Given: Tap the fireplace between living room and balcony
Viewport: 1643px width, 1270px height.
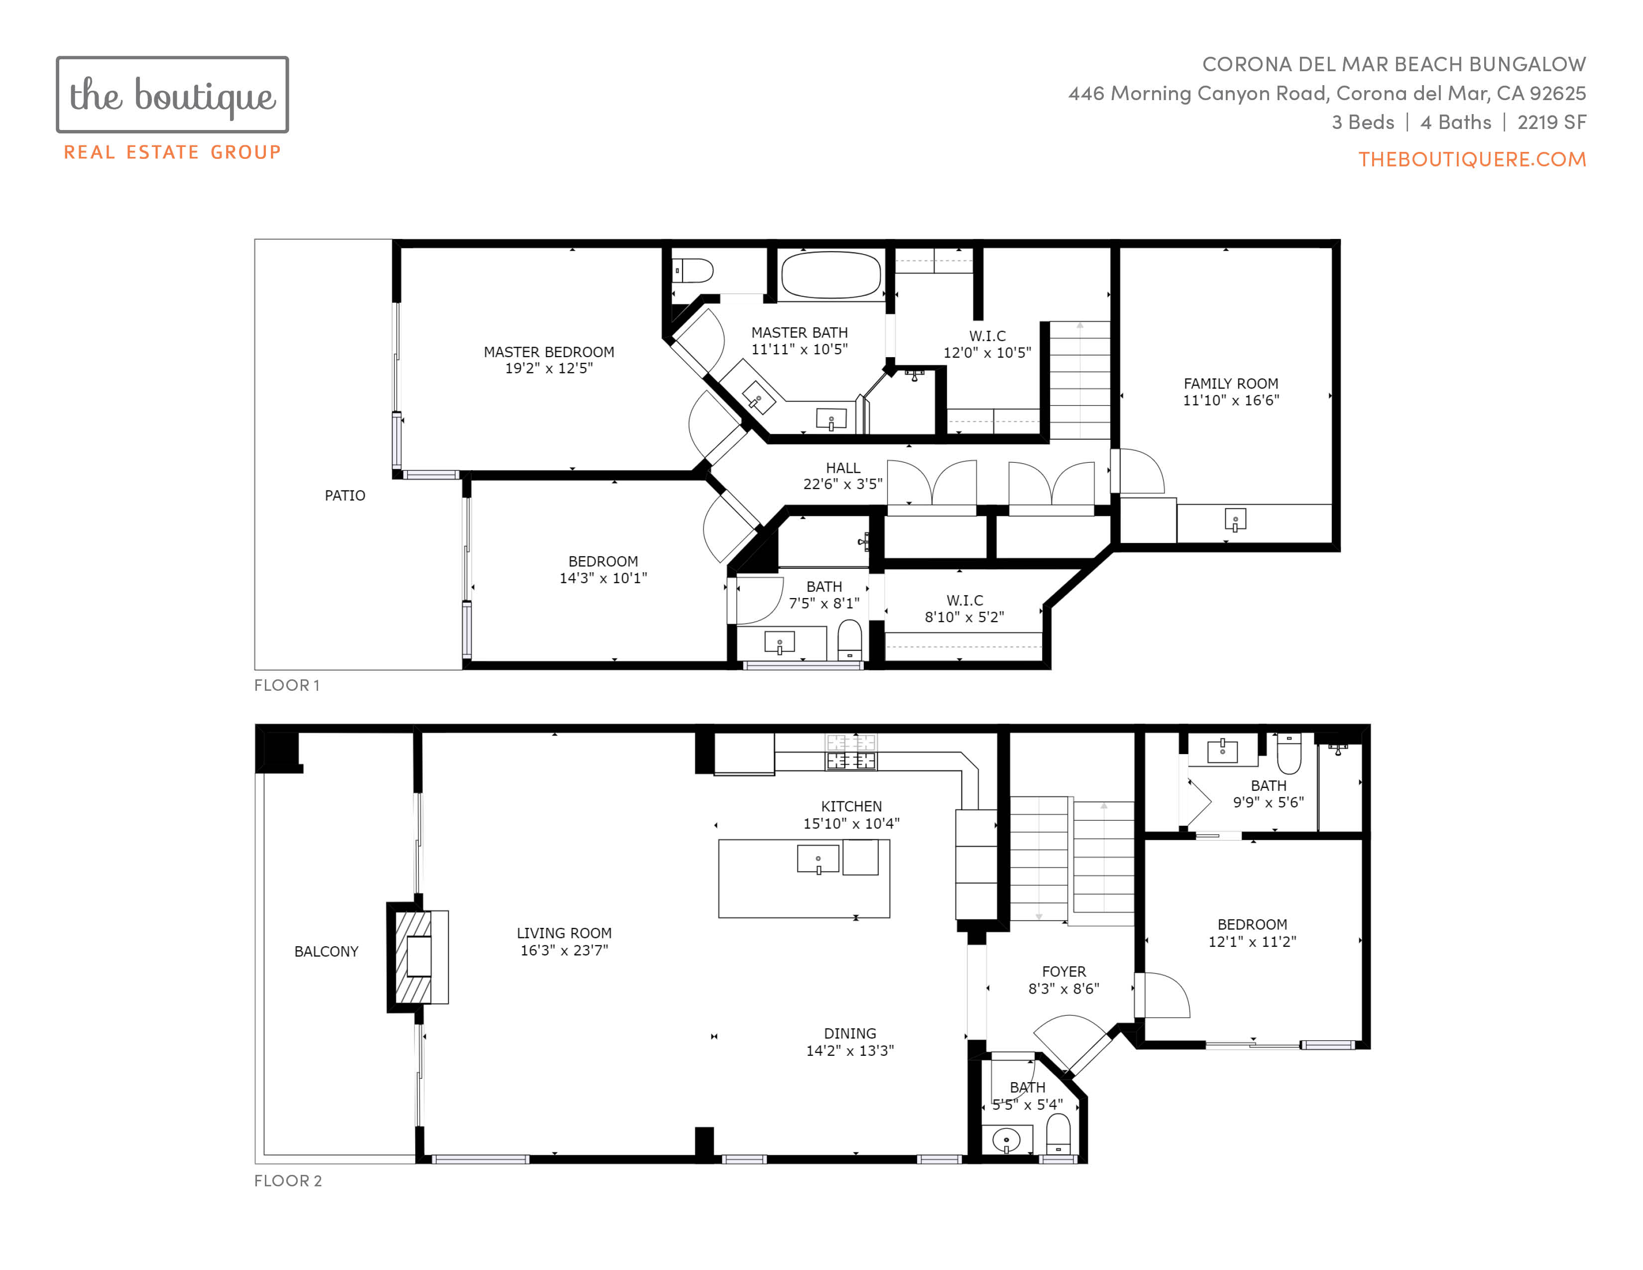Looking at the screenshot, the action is tap(418, 957).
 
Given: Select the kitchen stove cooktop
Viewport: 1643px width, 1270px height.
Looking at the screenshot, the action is tap(851, 752).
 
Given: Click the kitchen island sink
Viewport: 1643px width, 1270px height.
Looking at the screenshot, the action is tap(818, 859).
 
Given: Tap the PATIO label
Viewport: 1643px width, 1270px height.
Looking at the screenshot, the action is tap(345, 495).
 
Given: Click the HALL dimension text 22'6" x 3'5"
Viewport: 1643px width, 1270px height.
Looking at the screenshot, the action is tap(842, 484).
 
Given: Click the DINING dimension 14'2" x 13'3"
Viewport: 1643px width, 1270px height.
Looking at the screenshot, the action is tap(850, 1050).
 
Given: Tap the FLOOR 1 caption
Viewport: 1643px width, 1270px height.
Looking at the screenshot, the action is tap(287, 685).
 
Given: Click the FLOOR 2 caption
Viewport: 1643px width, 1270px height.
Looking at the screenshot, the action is tap(288, 1180).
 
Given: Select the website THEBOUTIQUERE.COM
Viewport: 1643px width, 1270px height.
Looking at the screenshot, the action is tap(1472, 159).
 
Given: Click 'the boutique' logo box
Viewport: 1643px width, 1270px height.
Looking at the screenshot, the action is tap(172, 95).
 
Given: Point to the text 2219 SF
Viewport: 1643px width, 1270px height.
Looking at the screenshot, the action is tap(1552, 122).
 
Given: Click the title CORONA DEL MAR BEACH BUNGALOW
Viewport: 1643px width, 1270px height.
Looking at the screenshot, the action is tap(1394, 64).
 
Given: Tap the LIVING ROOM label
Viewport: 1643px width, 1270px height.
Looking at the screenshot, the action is tap(564, 933).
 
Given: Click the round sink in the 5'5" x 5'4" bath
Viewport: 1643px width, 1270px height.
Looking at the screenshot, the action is tap(1007, 1141).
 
